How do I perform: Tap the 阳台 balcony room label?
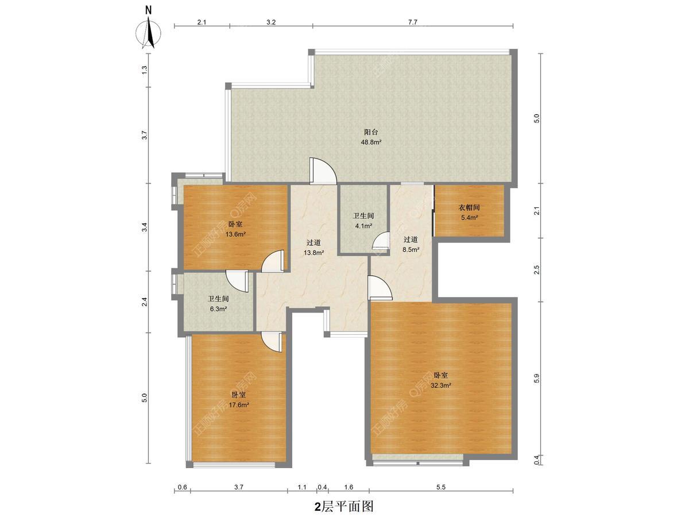[371, 132]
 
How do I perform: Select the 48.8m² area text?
[371, 142]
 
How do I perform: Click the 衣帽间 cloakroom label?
[469, 207]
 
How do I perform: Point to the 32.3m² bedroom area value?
[441, 385]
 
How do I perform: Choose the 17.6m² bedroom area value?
[238, 405]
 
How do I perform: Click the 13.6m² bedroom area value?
[235, 234]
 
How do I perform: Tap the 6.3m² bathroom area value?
[218, 309]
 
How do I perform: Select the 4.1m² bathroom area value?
[363, 226]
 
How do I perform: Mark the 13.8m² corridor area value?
[313, 252]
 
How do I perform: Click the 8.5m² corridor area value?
[411, 250]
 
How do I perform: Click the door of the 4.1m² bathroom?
[381, 241]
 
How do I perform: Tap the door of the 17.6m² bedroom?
[272, 342]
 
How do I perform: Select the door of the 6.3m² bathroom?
[237, 281]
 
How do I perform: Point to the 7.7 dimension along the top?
[413, 22]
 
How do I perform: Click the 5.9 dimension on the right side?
[536, 378]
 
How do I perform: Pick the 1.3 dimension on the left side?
[144, 70]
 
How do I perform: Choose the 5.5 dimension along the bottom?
[441, 488]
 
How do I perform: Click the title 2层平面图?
[344, 506]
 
